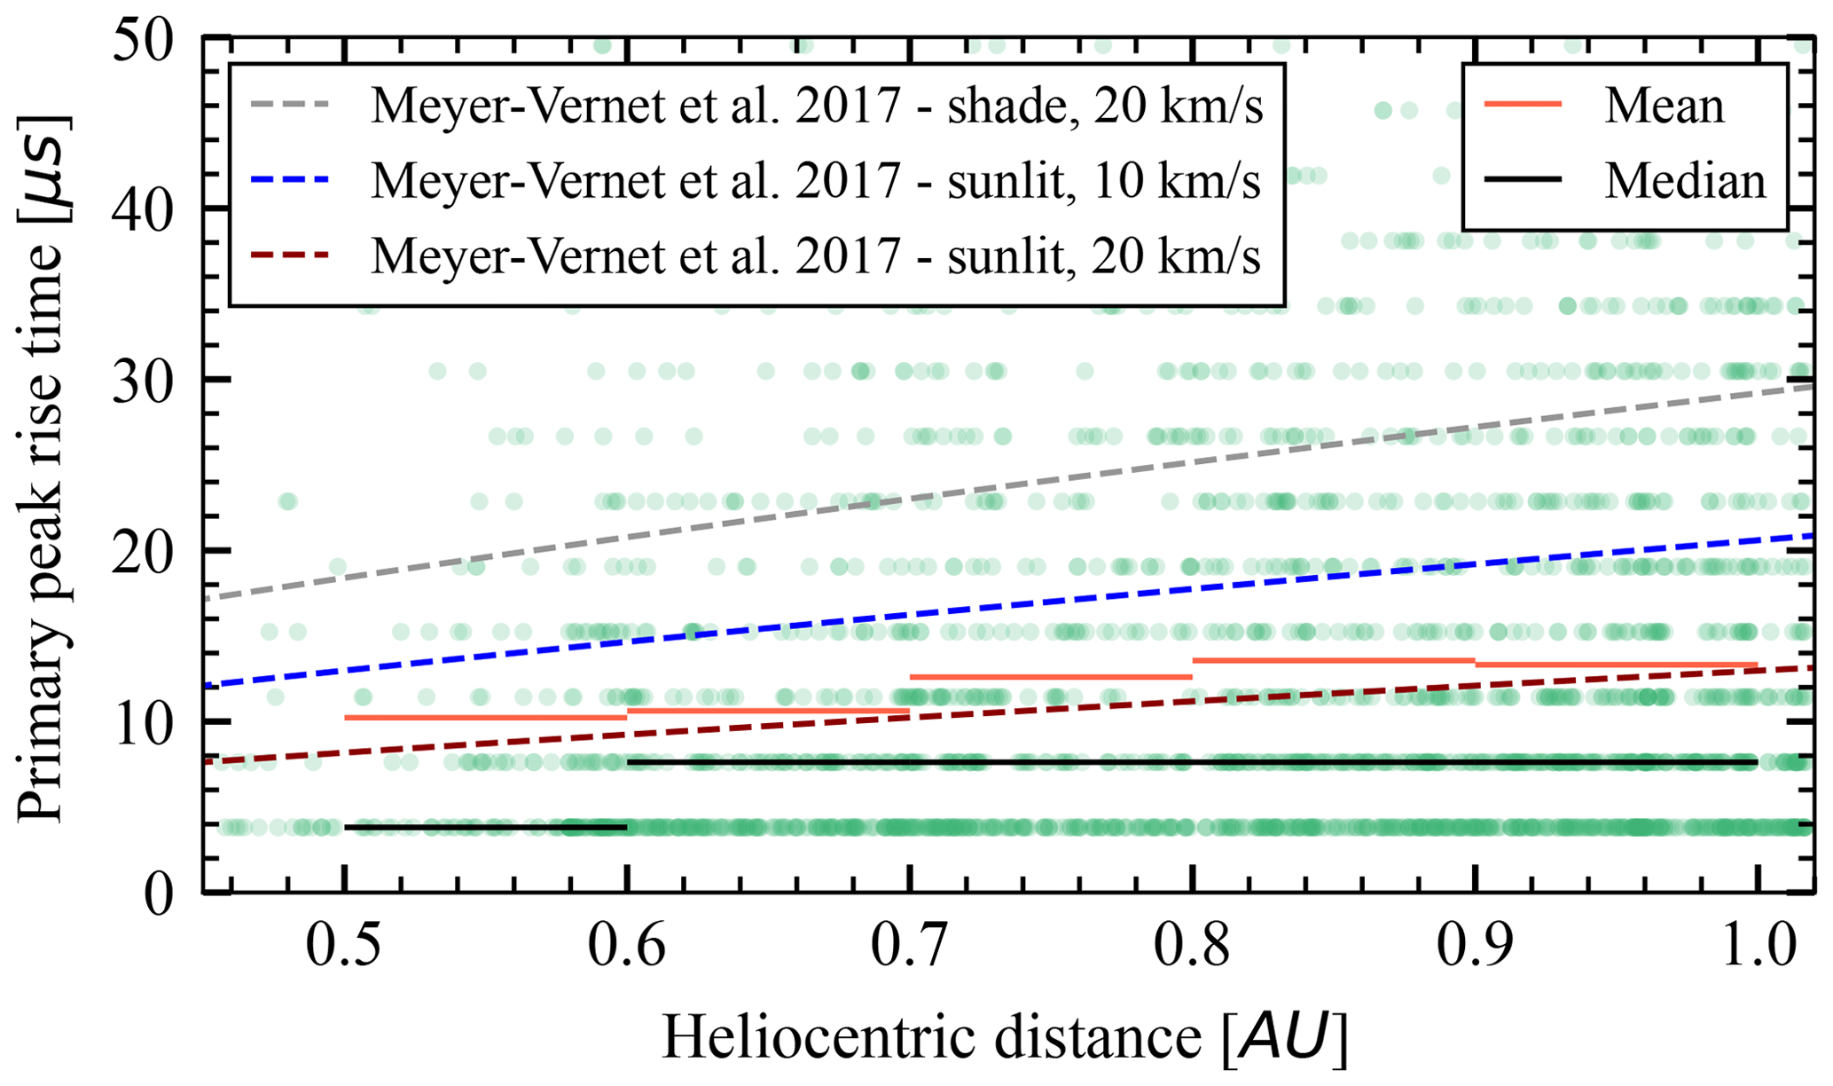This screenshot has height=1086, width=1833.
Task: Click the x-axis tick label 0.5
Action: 343,948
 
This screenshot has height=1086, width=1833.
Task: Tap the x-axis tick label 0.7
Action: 909,948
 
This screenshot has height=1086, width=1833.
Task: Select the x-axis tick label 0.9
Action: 1475,948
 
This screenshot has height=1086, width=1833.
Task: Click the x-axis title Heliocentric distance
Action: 1005,1036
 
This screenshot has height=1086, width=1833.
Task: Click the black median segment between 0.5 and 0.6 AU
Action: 485,827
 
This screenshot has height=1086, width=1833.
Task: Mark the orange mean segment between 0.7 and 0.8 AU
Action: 1051,677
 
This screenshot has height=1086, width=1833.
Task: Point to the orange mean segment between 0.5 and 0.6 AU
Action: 485,717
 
